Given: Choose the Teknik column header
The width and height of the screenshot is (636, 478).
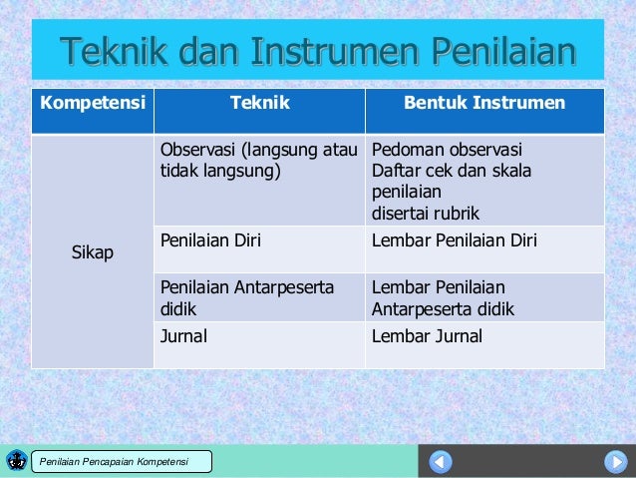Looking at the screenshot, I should (259, 103).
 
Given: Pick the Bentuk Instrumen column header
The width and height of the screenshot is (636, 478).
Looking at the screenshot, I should (483, 103).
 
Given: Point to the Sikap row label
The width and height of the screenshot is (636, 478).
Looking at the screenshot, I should (92, 253).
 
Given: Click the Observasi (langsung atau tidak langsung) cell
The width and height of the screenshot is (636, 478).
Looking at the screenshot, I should (257, 161).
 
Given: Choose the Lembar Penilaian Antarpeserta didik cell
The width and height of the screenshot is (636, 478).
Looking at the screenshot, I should (443, 297).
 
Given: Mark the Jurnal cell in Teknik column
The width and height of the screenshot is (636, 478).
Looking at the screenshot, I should (184, 336).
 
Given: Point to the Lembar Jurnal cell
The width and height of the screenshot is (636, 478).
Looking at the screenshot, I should (427, 336).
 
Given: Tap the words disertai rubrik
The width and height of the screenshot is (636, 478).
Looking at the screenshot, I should (425, 213).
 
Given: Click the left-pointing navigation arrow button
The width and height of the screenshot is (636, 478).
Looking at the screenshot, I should (441, 462).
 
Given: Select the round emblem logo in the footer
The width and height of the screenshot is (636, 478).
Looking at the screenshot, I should (16, 460).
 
